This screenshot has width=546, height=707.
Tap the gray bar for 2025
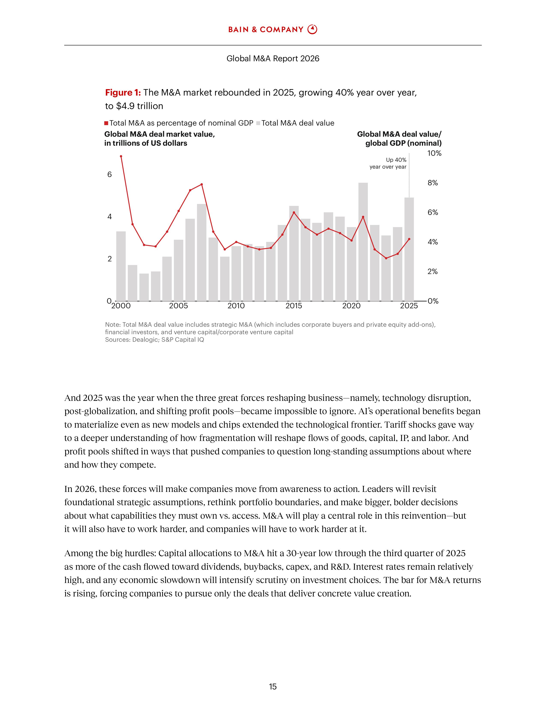[x=409, y=249]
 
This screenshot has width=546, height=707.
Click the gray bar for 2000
[x=121, y=266]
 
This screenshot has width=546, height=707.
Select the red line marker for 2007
[x=201, y=184]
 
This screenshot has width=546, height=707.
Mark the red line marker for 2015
[x=294, y=212]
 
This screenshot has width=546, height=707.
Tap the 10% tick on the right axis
[x=434, y=153]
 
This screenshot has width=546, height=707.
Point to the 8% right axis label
[x=433, y=183]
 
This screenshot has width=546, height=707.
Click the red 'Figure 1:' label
[x=123, y=93]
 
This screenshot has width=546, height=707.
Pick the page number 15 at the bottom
[x=273, y=687]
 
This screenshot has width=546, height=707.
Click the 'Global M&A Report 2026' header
[x=273, y=58]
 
